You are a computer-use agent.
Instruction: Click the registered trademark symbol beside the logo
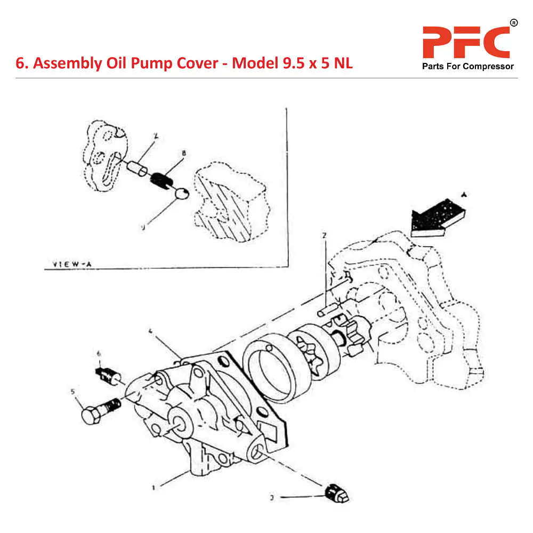tap(513, 22)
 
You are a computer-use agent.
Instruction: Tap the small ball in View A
tap(181, 194)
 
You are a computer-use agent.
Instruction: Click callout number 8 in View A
tap(183, 154)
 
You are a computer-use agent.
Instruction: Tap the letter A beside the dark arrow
tap(464, 195)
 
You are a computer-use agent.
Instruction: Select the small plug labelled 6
tap(107, 375)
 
